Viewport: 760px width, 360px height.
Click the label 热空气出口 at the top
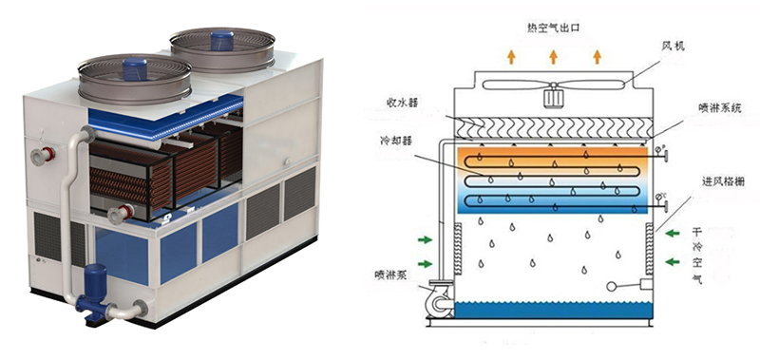[553, 28]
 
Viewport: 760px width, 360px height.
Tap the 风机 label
[673, 47]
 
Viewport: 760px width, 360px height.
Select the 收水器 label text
[402, 103]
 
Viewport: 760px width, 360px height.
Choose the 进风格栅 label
[724, 181]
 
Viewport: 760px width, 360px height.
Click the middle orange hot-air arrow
[554, 57]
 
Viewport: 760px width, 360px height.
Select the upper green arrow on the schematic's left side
[425, 239]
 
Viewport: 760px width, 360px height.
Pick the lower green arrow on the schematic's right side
[673, 262]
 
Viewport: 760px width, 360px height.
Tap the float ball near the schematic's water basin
[612, 286]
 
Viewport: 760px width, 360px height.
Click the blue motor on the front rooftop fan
[135, 69]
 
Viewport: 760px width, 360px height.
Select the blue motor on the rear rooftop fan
[222, 41]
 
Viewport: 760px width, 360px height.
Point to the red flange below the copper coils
[125, 212]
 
